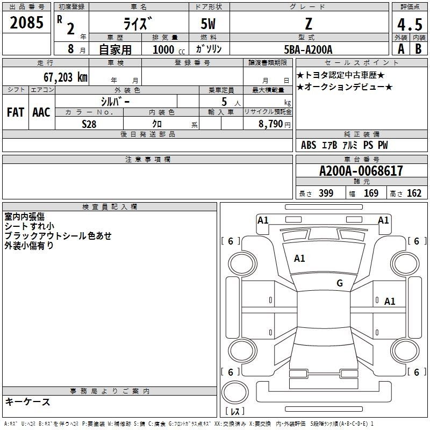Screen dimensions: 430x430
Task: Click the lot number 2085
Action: (x=26, y=23)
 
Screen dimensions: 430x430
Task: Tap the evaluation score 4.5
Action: (x=410, y=25)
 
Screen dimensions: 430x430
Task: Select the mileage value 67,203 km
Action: (x=66, y=77)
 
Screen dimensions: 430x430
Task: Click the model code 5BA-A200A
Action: (x=308, y=49)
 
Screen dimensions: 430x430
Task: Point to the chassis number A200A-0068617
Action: (x=361, y=171)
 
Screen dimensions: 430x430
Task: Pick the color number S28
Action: (x=89, y=124)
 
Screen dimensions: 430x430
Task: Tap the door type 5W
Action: (x=208, y=24)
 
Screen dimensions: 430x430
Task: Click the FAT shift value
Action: (x=16, y=112)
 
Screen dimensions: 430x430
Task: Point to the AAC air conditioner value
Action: (x=41, y=112)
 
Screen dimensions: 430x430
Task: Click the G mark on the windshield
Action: (x=340, y=283)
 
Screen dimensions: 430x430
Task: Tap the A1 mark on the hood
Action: (x=299, y=259)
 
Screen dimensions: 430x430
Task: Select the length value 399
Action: (x=326, y=193)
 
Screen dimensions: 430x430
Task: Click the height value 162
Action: (x=414, y=193)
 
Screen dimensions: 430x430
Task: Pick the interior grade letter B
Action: (x=418, y=49)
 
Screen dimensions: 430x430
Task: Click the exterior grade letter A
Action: (x=401, y=49)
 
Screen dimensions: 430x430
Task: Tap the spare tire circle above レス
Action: (x=235, y=392)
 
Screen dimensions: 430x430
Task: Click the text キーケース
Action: (x=28, y=402)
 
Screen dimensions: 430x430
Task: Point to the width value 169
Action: (x=371, y=193)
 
